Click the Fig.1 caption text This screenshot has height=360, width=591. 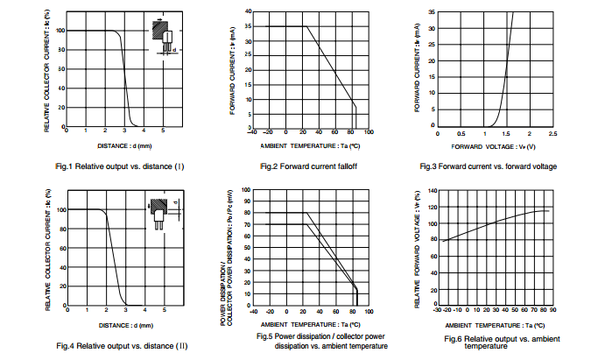coord(119,166)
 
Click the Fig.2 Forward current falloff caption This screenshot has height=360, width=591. coord(310,166)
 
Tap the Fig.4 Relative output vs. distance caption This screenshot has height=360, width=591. coord(122,346)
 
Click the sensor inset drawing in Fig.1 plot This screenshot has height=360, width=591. coord(164,38)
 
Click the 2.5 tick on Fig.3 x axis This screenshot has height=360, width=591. coord(552,134)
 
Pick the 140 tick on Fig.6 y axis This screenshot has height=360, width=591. coord(431,190)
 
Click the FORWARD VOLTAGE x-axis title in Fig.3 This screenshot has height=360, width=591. coord(490,145)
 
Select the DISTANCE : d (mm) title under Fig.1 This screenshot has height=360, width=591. coord(125,145)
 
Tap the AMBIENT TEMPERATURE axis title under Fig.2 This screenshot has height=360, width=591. coord(310,145)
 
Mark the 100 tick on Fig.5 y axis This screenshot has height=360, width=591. coord(247,189)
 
